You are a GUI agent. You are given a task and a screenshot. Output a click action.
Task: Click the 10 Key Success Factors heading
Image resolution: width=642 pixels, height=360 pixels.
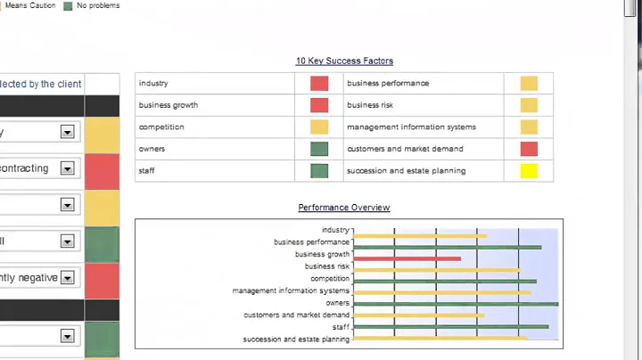click(x=344, y=61)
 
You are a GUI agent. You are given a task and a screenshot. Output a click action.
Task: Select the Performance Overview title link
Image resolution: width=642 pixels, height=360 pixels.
click(x=344, y=208)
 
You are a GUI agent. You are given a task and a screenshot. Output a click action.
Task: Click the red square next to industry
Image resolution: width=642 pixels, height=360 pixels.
click(x=319, y=84)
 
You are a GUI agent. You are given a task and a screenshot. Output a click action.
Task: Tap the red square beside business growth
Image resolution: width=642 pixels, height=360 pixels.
click(x=319, y=105)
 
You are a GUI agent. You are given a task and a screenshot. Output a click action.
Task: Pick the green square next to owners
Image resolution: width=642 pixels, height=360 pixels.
click(x=319, y=149)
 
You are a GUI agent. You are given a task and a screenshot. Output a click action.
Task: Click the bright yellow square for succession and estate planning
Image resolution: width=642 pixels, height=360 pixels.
click(x=529, y=171)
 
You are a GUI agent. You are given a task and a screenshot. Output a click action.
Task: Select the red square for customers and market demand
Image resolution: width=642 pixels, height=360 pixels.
click(x=529, y=149)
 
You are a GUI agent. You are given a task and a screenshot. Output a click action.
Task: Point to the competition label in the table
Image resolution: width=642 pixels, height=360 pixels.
click(x=161, y=127)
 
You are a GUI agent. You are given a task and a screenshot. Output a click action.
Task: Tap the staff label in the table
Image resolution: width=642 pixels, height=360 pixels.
click(x=146, y=171)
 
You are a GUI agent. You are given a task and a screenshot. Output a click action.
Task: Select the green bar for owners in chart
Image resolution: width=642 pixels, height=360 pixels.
click(x=456, y=304)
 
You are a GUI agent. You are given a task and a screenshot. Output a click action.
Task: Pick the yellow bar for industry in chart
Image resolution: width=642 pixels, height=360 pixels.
click(x=420, y=236)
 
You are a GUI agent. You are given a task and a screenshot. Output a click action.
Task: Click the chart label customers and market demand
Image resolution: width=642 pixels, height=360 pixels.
click(x=297, y=315)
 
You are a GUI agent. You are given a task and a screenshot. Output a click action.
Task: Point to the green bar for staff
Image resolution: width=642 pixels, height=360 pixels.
click(x=451, y=327)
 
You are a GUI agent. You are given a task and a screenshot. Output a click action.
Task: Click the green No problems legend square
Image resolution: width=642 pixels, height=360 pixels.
click(x=68, y=5)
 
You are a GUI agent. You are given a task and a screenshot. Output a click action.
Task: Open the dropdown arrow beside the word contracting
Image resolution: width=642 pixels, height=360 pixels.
click(x=66, y=168)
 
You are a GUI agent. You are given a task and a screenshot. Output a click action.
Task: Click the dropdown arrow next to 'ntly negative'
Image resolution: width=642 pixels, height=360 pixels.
click(x=66, y=278)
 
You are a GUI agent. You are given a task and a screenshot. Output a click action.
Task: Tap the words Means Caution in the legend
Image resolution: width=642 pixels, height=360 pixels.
click(x=30, y=5)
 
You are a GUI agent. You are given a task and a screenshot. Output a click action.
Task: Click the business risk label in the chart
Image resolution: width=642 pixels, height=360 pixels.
click(x=327, y=266)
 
